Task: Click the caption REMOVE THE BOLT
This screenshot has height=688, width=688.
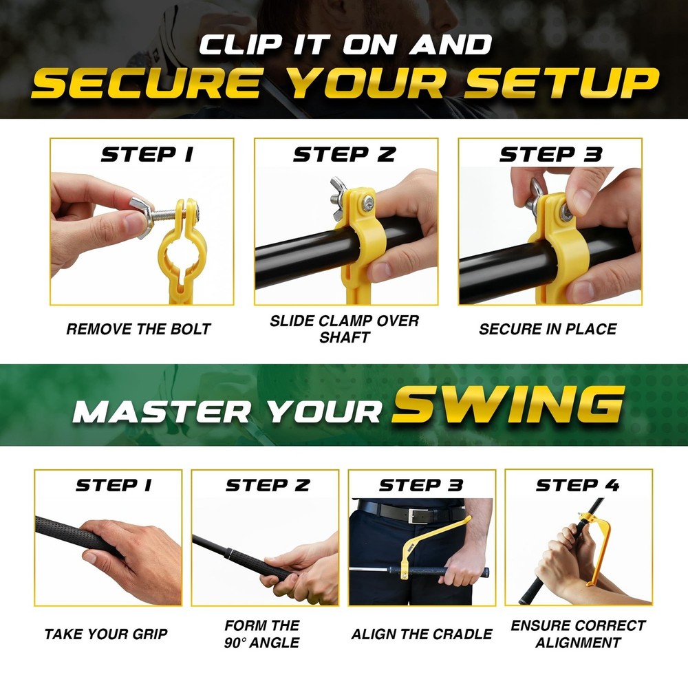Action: coord(138,329)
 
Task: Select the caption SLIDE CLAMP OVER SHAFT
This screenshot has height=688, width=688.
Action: coord(344,329)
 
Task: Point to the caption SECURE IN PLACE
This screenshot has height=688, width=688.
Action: coord(548,329)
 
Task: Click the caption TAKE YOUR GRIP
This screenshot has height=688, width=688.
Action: coord(106,634)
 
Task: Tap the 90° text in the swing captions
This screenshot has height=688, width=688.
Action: coord(243,643)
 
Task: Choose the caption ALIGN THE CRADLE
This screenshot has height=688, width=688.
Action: coord(422,634)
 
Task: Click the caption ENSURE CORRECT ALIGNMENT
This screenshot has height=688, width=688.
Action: coord(578,634)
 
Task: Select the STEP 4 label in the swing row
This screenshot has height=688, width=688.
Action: coord(578,485)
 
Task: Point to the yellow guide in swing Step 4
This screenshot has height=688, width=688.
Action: coord(605,544)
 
